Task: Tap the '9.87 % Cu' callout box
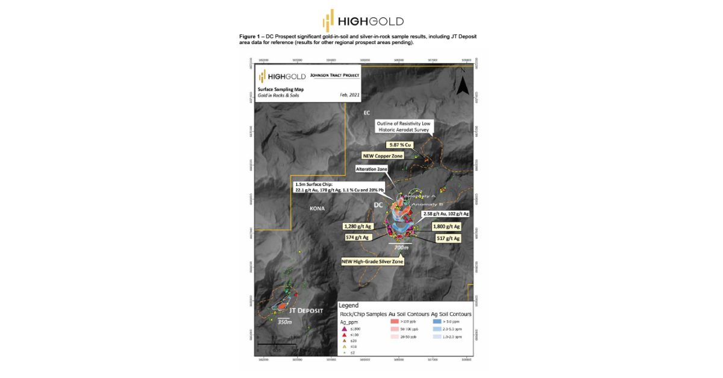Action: coord(401,145)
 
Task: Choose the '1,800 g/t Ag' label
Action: coord(446,227)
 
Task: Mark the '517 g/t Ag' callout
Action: coord(447,239)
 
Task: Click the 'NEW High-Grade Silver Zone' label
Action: coord(373,261)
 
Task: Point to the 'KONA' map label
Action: coord(317,209)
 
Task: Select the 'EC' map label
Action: coord(366,113)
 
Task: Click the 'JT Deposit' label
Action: coord(305,311)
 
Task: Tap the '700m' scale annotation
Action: coord(401,248)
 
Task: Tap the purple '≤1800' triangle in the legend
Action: coord(343,329)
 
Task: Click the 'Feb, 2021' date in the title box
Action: coord(349,95)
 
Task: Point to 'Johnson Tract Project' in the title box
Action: coord(334,75)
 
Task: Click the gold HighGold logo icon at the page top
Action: coord(328,20)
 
